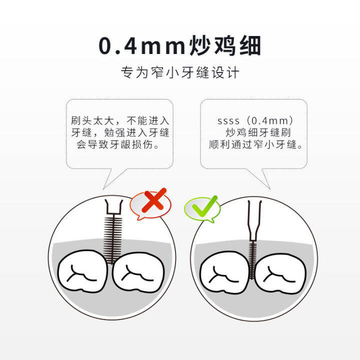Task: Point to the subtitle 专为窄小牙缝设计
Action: [180, 72]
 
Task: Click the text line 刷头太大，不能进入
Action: [120, 121]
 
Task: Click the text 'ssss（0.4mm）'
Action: [255, 121]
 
